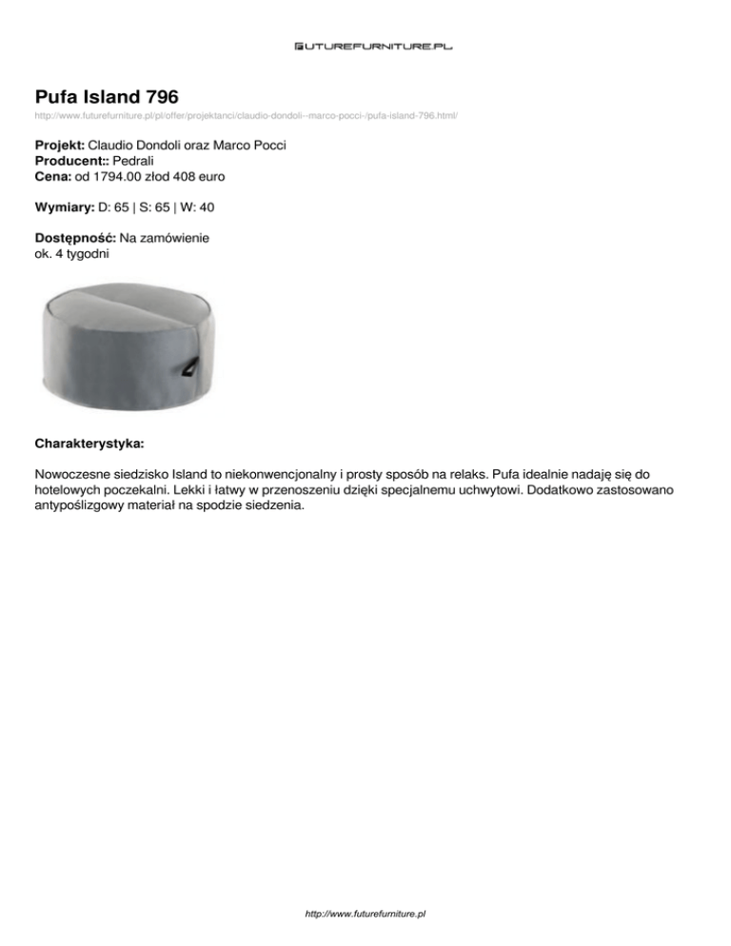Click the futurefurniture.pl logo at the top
365,44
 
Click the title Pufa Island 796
107,96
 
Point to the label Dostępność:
75,236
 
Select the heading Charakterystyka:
89,443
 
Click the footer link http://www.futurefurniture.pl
365,912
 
